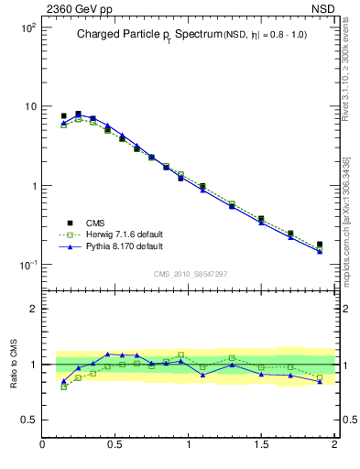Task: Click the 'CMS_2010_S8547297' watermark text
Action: pos(189,274)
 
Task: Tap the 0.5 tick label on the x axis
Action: pos(115,445)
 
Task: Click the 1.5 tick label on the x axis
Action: pos(261,445)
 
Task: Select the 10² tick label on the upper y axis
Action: pos(27,27)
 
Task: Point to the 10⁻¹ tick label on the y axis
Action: pos(27,265)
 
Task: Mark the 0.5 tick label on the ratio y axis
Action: pos(30,420)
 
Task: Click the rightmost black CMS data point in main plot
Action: pos(320,245)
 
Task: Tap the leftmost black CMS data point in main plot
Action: pos(63,116)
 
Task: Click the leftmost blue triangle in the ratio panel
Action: pos(63,382)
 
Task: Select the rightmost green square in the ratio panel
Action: pos(320,376)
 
